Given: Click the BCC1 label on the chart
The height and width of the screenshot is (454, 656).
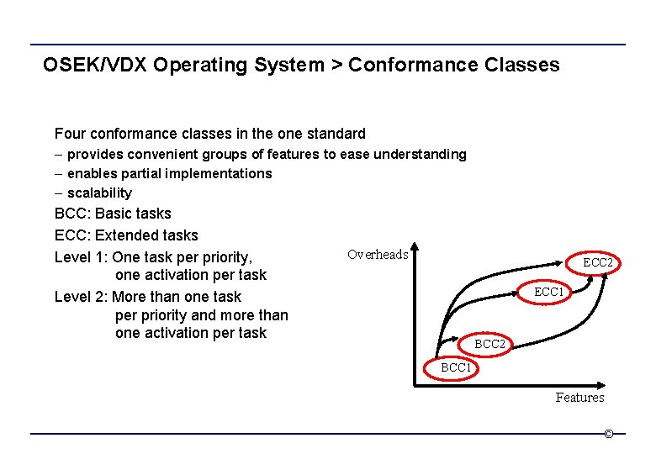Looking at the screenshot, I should pyautogui.click(x=457, y=367).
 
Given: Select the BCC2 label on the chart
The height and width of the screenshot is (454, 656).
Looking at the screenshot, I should pyautogui.click(x=489, y=344).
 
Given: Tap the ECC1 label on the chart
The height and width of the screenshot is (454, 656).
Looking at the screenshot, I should pyautogui.click(x=549, y=292).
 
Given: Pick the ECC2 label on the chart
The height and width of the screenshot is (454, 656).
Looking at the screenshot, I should pyautogui.click(x=598, y=262).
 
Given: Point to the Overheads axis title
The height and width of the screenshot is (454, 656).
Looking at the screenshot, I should pyautogui.click(x=378, y=255).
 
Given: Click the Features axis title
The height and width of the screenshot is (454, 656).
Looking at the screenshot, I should pyautogui.click(x=579, y=397).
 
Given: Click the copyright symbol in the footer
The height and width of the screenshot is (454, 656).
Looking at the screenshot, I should pyautogui.click(x=608, y=434).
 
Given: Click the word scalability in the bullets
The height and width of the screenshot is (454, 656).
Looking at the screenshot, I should pyautogui.click(x=99, y=193).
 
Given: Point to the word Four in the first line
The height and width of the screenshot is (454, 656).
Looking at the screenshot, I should pyautogui.click(x=69, y=133).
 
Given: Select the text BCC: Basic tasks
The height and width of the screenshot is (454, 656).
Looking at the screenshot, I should pyautogui.click(x=113, y=214).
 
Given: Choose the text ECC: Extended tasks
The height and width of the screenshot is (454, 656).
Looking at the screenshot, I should pyautogui.click(x=126, y=235).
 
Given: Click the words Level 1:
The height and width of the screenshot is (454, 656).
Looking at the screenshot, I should pyautogui.click(x=81, y=257).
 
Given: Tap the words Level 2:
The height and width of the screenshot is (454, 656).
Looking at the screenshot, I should pyautogui.click(x=81, y=297).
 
